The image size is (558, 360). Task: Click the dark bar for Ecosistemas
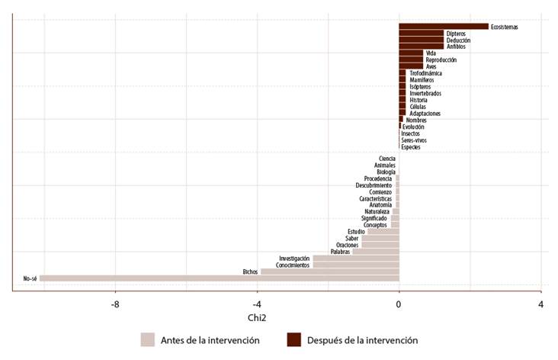coord(443,27)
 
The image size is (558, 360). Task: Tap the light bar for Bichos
coord(329,272)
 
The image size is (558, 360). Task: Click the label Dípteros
coord(456,34)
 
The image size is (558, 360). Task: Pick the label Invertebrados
coord(425,93)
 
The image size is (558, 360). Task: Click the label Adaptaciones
coord(424,114)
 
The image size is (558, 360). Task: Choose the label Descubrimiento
coord(374,185)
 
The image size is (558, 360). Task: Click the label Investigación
coord(294,259)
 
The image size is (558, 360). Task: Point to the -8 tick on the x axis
coord(115,304)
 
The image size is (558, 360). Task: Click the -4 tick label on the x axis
coord(257,304)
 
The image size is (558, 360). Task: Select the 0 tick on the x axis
coord(399,304)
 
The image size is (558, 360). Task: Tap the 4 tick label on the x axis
coord(540,304)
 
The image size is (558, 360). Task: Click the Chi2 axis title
coord(257,317)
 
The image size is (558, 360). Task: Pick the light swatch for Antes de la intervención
coord(148,340)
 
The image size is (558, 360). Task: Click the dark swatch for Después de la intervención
coord(293,340)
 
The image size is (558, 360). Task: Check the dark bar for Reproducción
coord(411,59)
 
